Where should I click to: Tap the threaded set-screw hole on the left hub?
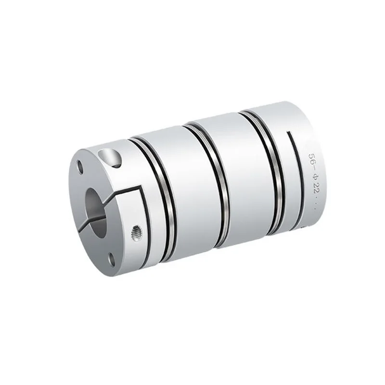pos(136,231)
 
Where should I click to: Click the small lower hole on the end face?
pos(112,260)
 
